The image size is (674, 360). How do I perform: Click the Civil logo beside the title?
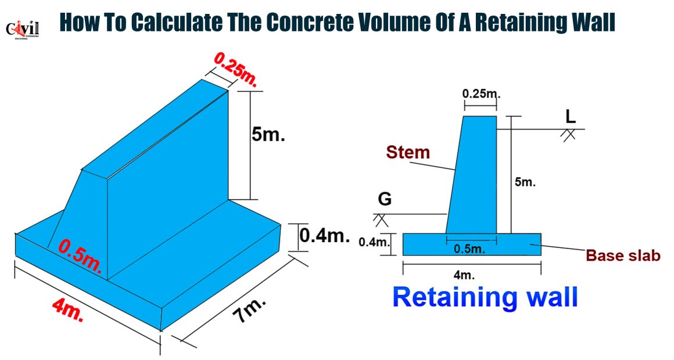click(22, 29)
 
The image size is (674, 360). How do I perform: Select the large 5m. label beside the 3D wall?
click(268, 135)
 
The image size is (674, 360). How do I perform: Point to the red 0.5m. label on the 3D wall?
click(80, 257)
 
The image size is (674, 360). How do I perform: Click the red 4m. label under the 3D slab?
click(68, 310)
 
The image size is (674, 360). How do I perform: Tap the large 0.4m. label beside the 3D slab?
click(325, 235)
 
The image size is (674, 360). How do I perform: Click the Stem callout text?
click(408, 152)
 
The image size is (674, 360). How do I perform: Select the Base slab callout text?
click(623, 255)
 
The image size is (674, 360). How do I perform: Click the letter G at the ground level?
click(385, 199)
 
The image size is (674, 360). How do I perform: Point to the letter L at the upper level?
click(571, 117)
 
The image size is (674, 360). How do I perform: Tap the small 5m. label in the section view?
click(525, 182)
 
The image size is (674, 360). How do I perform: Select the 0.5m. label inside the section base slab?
click(469, 249)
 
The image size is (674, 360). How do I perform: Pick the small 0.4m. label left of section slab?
click(374, 242)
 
